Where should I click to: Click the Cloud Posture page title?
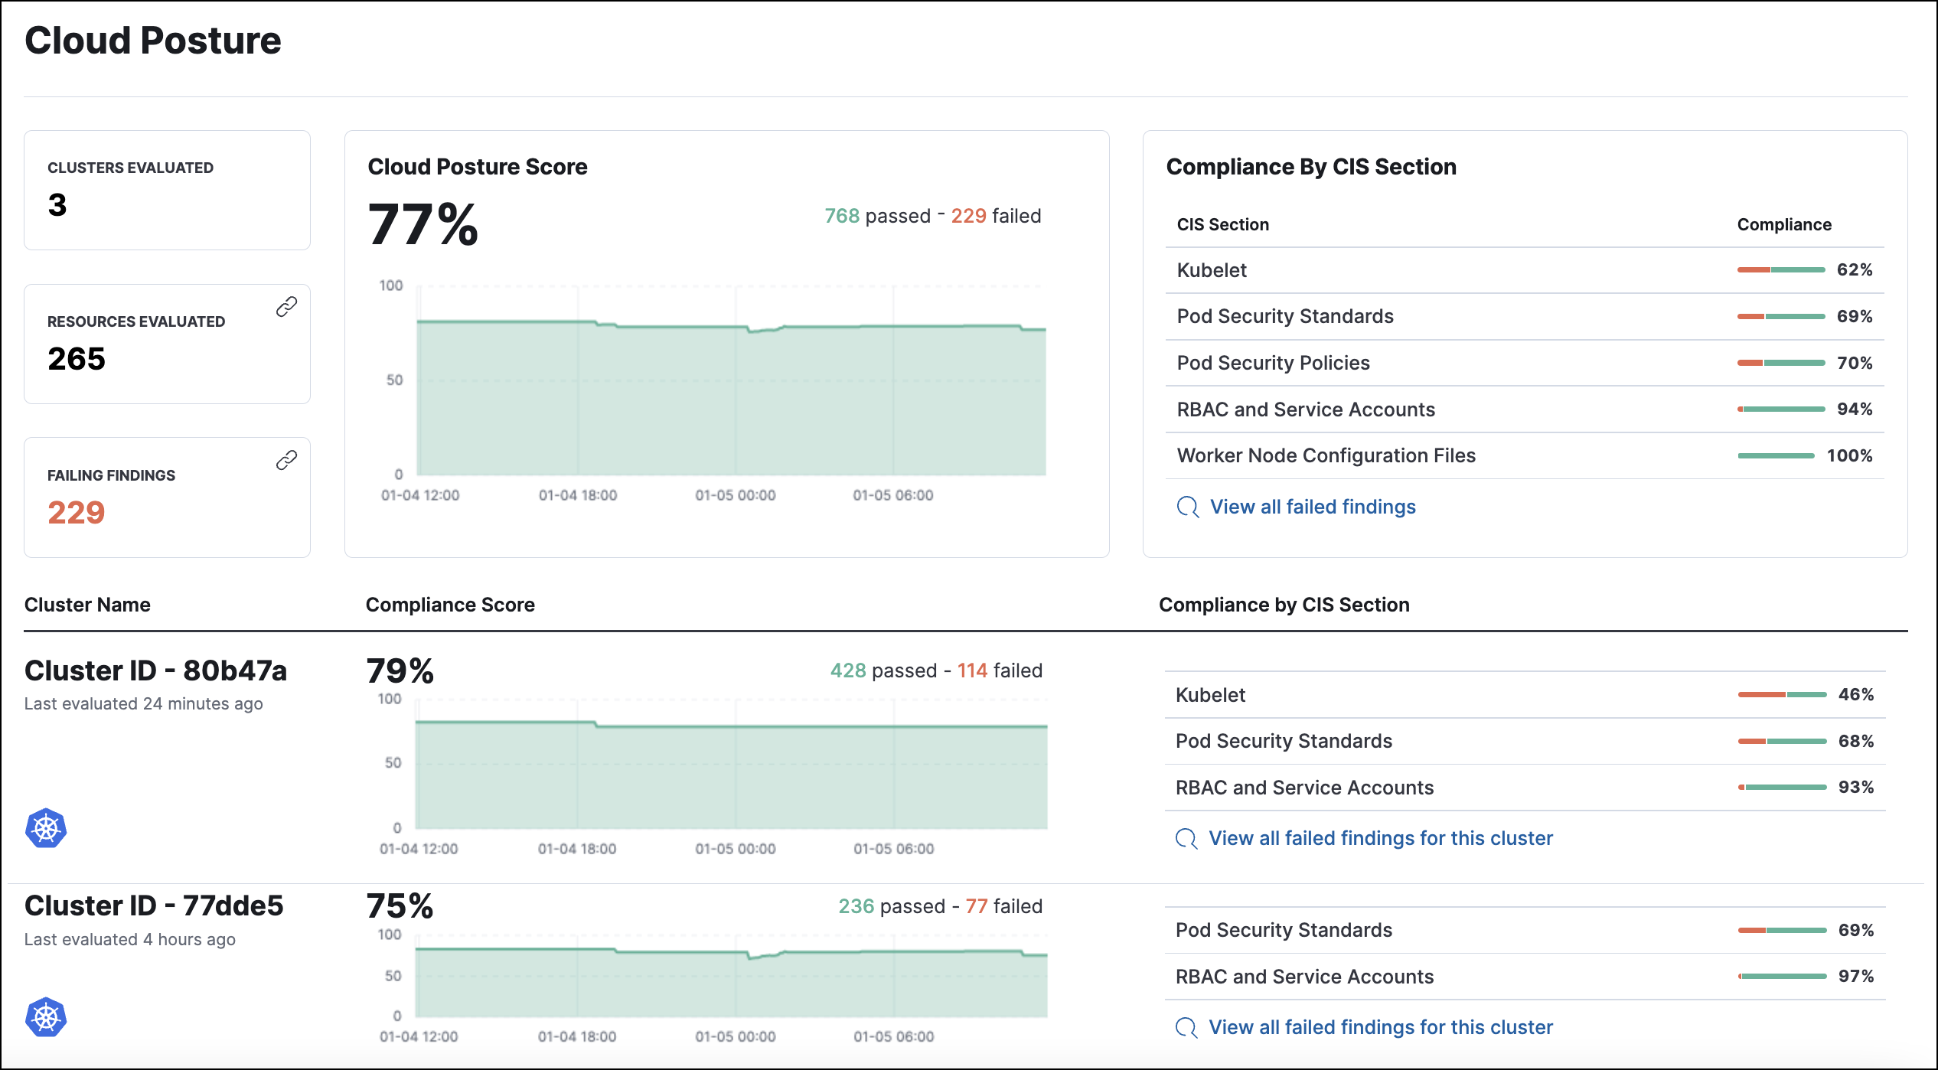pyautogui.click(x=152, y=41)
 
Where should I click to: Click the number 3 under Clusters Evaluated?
pyautogui.click(x=57, y=205)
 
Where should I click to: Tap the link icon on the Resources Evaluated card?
pyautogui.click(x=286, y=307)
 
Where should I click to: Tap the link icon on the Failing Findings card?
pyautogui.click(x=286, y=460)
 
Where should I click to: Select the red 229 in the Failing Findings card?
pyautogui.click(x=76, y=512)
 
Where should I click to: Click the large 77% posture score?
pyautogui.click(x=423, y=225)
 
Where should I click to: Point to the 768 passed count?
pyautogui.click(x=841, y=216)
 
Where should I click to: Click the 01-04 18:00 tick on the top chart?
pyautogui.click(x=577, y=495)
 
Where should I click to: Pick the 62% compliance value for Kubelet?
pyautogui.click(x=1854, y=269)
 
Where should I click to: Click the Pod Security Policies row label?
pyautogui.click(x=1273, y=363)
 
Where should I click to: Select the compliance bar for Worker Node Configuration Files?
pyautogui.click(x=1776, y=455)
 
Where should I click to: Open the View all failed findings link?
pyautogui.click(x=1312, y=507)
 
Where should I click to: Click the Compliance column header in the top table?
pyautogui.click(x=1783, y=224)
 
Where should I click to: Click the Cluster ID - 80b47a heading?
pyautogui.click(x=155, y=670)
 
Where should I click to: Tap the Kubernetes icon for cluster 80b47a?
pyautogui.click(x=46, y=828)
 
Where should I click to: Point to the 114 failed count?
pyautogui.click(x=972, y=670)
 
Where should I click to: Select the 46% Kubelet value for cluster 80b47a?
pyautogui.click(x=1855, y=694)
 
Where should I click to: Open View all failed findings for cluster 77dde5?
pyautogui.click(x=1380, y=1027)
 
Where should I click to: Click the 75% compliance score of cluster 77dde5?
pyautogui.click(x=400, y=906)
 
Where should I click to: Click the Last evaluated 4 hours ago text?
pyautogui.click(x=129, y=939)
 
